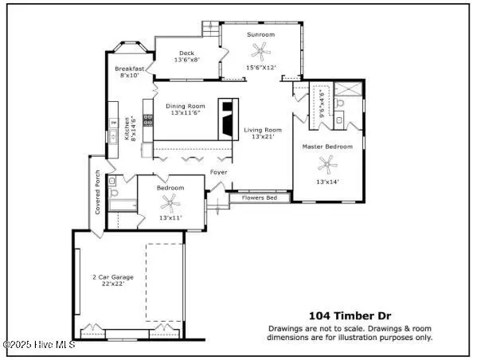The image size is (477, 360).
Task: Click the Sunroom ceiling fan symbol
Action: [260, 52]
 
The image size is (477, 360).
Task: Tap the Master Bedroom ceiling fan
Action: [327, 165]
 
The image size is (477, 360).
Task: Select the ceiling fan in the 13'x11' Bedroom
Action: [170, 202]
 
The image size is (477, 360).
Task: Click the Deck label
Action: [186, 53]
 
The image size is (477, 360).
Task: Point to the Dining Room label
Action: [186, 106]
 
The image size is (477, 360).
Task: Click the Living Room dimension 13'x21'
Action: [263, 137]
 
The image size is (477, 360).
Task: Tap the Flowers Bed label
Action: [260, 198]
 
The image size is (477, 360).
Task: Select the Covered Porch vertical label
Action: [97, 192]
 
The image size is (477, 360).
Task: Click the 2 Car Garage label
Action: [113, 277]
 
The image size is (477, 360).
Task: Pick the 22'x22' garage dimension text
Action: [113, 284]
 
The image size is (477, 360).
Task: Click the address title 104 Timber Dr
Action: [350, 316]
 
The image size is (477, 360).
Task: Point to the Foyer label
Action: [218, 172]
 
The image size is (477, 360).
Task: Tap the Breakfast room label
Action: [129, 68]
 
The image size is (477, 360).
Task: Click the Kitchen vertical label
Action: [127, 129]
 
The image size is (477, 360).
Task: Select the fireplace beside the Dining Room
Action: [229, 119]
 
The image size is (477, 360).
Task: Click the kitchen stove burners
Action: [148, 119]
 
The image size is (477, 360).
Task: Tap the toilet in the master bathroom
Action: [338, 102]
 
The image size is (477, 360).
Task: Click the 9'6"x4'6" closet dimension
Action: [323, 104]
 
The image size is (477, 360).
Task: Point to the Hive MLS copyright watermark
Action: [39, 345]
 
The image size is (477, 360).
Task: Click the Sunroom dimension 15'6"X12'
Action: [261, 68]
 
